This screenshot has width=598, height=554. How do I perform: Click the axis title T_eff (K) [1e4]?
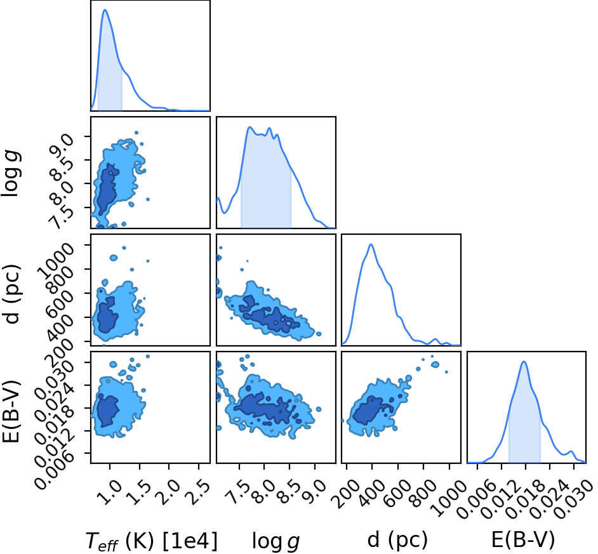point(152,541)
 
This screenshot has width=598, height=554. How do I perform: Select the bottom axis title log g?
point(276,541)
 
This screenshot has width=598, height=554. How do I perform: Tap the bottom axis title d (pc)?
point(398,540)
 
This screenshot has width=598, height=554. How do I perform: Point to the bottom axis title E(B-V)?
point(523,540)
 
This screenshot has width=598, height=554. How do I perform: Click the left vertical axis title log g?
point(11,173)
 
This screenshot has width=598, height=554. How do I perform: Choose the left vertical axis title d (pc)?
point(11,293)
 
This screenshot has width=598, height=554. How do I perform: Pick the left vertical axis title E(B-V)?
point(11,411)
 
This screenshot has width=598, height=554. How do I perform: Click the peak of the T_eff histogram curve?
point(105,10)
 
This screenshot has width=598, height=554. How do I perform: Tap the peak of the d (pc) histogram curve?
point(371,244)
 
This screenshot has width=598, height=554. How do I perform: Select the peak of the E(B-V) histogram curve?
point(524,362)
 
